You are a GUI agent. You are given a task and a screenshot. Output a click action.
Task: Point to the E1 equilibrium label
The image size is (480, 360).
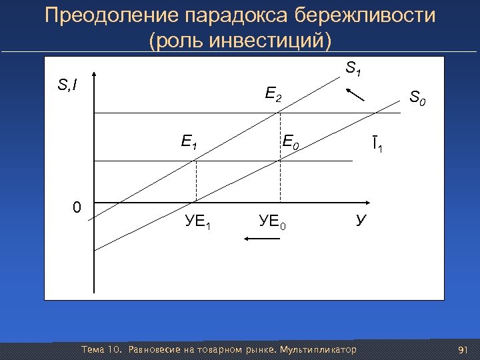(x=189, y=141)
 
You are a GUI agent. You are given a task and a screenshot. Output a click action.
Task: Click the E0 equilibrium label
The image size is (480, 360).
(x=291, y=141)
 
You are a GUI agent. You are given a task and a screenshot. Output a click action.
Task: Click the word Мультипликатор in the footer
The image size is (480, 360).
(x=319, y=350)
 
